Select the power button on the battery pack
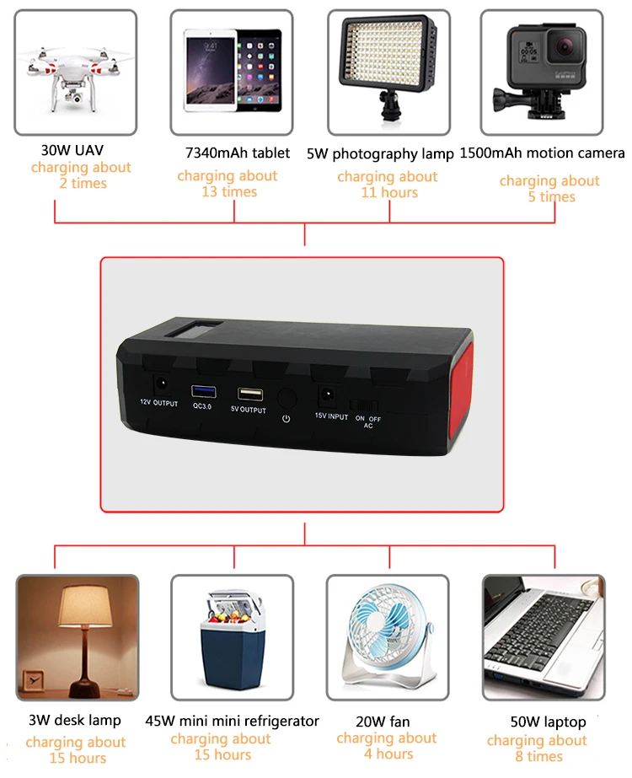point(287,399)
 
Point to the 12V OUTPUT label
point(158,405)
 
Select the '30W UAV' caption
point(72,151)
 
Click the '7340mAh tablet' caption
point(238,153)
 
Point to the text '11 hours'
point(388,192)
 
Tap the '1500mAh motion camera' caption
point(542,153)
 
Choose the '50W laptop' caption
point(548,722)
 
